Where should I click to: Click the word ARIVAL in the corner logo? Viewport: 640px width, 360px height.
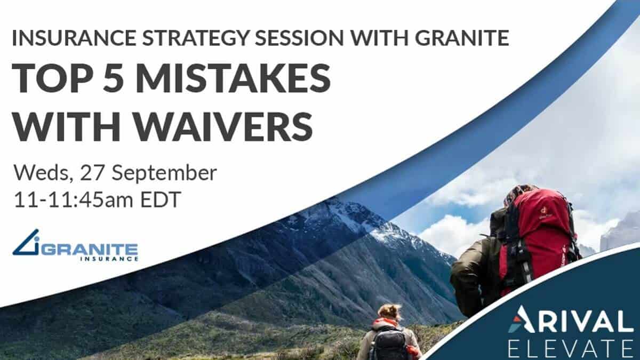pos(569,322)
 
